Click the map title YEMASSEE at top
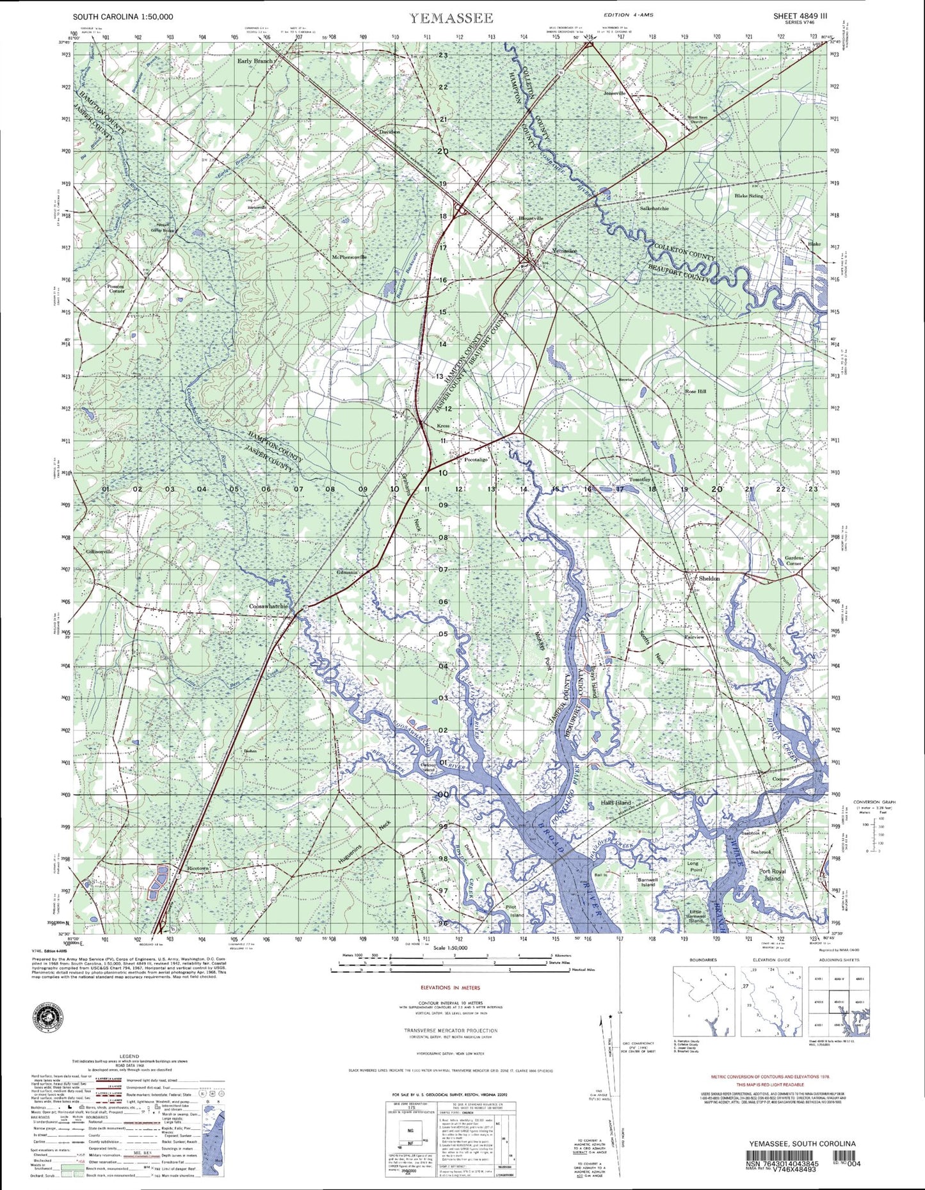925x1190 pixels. click(x=451, y=17)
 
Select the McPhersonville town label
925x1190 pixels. click(x=349, y=257)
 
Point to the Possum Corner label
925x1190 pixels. click(x=117, y=288)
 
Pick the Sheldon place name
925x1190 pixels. click(x=709, y=578)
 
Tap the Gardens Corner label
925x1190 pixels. click(x=793, y=561)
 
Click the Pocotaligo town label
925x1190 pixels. click(x=476, y=460)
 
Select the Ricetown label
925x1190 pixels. click(x=198, y=869)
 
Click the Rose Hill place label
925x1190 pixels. click(x=695, y=391)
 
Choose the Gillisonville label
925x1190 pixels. click(x=99, y=551)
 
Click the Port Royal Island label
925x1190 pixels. click(x=773, y=875)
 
